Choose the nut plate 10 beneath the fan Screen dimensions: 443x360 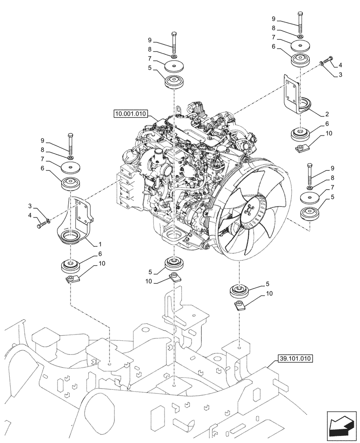click(x=240, y=306)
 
